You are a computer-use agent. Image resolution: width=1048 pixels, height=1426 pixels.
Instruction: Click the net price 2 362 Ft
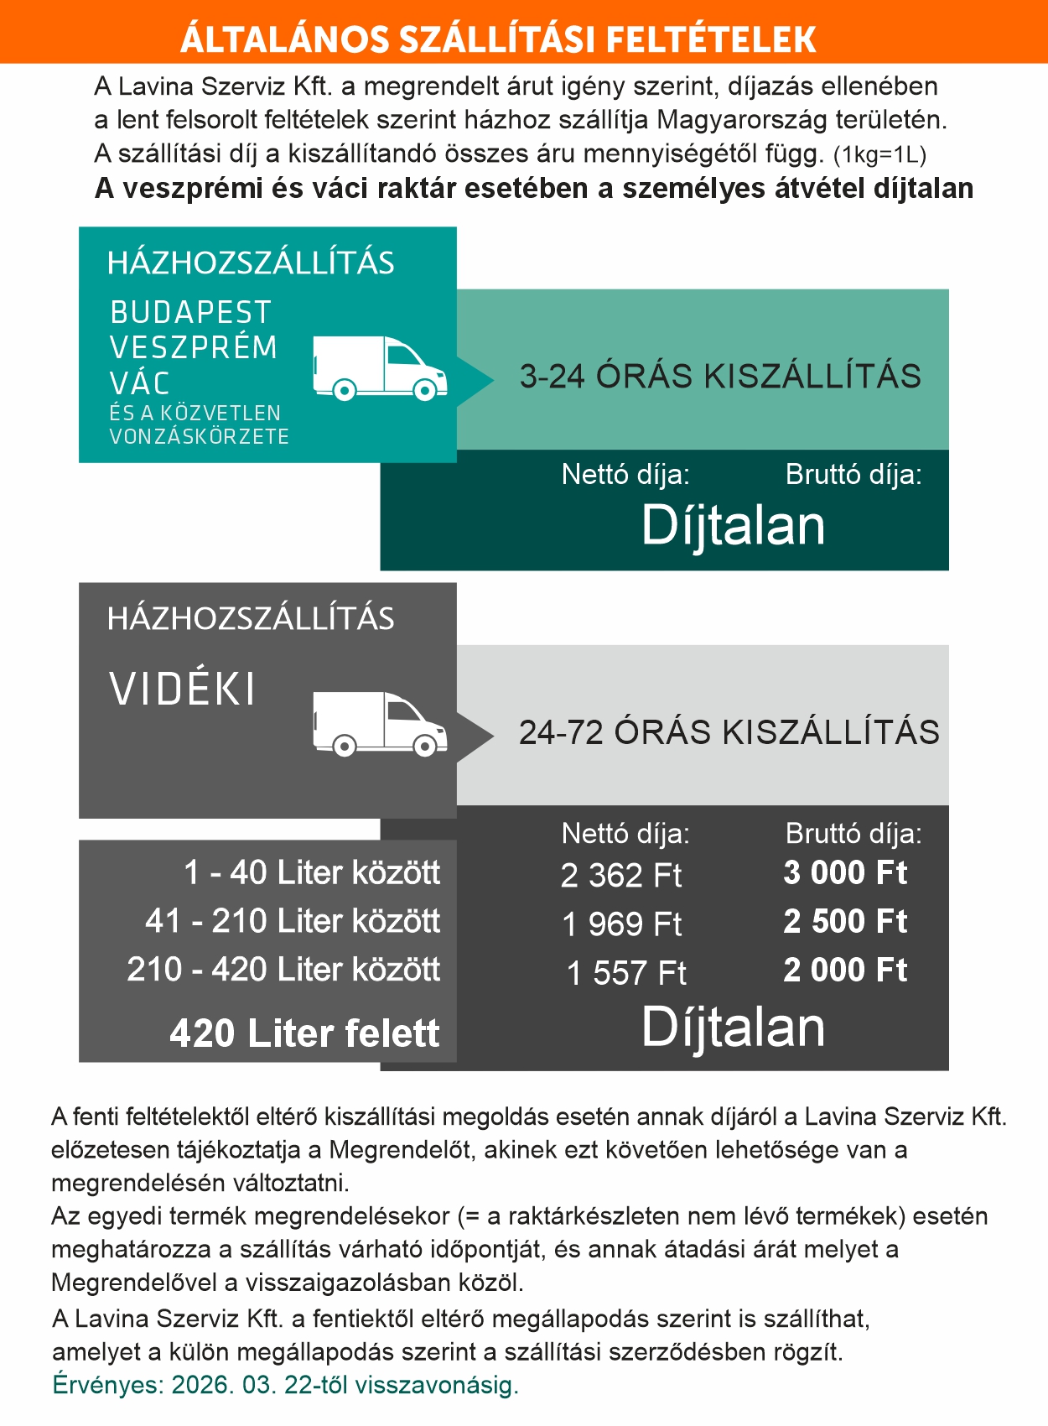[x=621, y=876]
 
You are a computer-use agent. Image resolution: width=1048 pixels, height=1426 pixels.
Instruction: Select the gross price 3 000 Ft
[x=845, y=873]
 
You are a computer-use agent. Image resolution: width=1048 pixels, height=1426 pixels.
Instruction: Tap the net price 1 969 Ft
[x=621, y=924]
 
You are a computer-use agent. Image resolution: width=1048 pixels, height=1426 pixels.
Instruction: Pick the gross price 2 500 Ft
[x=845, y=922]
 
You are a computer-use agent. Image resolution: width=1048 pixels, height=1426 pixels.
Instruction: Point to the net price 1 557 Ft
[x=625, y=973]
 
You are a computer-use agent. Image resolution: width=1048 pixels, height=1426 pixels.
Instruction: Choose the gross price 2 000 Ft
[x=845, y=971]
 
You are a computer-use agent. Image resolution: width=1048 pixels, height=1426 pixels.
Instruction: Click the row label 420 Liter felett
[x=304, y=1033]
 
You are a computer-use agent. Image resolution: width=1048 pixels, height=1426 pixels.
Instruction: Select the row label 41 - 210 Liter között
[x=293, y=921]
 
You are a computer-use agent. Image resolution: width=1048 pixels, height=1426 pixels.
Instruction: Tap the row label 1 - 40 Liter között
[x=312, y=873]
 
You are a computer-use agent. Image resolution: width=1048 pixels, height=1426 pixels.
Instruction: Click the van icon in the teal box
[x=380, y=368]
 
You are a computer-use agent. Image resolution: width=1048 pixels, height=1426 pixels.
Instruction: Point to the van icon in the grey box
[x=380, y=724]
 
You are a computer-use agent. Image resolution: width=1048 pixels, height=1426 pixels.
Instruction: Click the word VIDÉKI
[x=182, y=690]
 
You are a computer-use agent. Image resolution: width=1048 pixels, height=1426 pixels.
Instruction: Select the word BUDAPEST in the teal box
[x=190, y=313]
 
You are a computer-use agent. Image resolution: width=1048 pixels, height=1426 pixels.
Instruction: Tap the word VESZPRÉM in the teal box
[x=194, y=347]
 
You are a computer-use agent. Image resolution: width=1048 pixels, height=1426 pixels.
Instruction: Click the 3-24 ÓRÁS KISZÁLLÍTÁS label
[x=720, y=377]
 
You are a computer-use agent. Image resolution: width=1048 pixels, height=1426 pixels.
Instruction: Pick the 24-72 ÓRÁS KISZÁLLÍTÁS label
[x=729, y=732]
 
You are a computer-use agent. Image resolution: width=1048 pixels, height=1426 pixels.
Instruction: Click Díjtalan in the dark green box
[x=734, y=526]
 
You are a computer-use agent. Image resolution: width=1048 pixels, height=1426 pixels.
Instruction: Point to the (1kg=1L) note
[x=879, y=155]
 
